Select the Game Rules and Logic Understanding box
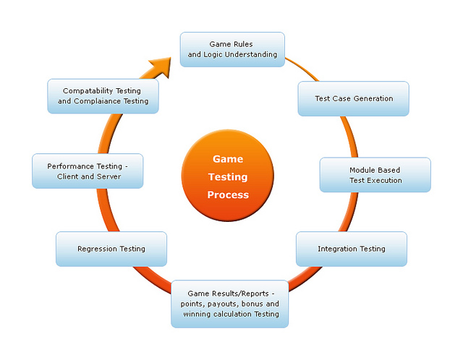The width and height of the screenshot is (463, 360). (231, 49)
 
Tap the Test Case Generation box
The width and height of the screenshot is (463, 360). (354, 98)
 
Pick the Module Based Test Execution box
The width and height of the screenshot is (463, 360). (375, 175)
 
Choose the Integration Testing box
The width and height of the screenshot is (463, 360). (351, 249)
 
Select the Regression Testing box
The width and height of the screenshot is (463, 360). (111, 249)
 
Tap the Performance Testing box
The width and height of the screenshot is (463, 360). (88, 171)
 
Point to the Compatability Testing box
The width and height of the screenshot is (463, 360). (102, 96)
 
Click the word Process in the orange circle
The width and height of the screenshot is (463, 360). (228, 194)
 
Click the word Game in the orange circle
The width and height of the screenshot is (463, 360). (228, 159)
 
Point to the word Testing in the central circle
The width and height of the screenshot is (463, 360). (228, 176)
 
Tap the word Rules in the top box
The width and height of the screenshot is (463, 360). (241, 44)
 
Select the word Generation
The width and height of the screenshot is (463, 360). (371, 98)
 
